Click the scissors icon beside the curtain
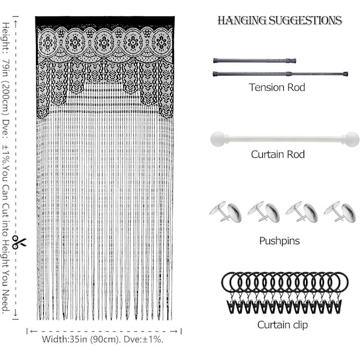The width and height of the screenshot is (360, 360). pyautogui.click(x=19, y=242)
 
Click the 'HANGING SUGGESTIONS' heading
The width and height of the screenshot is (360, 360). pyautogui.click(x=280, y=20)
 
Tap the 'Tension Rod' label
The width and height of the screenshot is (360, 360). pyautogui.click(x=277, y=87)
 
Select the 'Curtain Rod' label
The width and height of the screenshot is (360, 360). pyautogui.click(x=278, y=154)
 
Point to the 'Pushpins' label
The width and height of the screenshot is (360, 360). pyautogui.click(x=280, y=241)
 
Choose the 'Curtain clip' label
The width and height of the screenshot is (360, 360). pyautogui.click(x=283, y=325)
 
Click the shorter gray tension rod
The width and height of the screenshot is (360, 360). pyautogui.click(x=254, y=61)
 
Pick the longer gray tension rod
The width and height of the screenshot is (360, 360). pyautogui.click(x=280, y=74)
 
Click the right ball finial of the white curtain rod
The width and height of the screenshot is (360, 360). pyautogui.click(x=352, y=139)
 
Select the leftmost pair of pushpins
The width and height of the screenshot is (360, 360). pyautogui.click(x=226, y=212)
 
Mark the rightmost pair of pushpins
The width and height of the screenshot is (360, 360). pyautogui.click(x=340, y=212)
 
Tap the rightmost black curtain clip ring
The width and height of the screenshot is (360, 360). pyautogui.click(x=338, y=282)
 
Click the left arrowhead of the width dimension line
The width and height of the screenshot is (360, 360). pyautogui.click(x=32, y=331)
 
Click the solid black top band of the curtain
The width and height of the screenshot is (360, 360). pyautogui.click(x=105, y=20)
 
